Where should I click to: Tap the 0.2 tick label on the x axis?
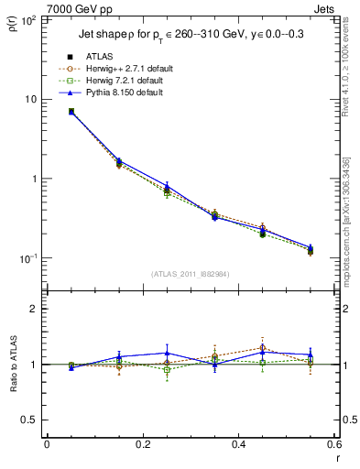[142, 444]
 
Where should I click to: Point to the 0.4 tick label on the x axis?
[238, 444]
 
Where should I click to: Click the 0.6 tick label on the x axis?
[333, 444]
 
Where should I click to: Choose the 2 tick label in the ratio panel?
[35, 310]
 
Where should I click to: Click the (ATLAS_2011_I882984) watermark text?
[190, 274]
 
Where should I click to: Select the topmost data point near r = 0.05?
[71, 111]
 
